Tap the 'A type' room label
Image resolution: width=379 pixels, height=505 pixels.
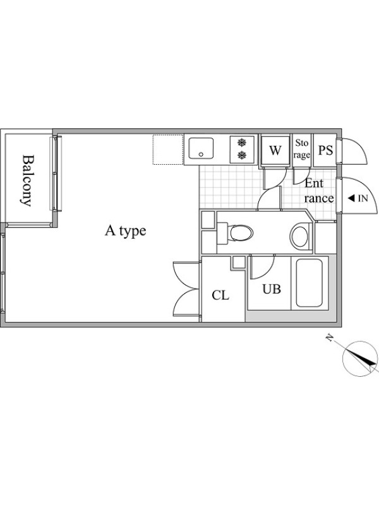125,231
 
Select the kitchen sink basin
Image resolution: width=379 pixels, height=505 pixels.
201,148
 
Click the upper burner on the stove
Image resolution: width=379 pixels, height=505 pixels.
242,142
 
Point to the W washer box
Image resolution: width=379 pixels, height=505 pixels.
275,150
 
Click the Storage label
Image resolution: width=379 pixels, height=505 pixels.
302,149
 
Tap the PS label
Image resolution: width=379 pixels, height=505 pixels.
325,150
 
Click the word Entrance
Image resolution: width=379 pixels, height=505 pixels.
319,191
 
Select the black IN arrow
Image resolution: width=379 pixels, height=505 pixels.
351,198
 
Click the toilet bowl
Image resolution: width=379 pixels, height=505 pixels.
240,232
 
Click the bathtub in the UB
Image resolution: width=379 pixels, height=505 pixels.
309,283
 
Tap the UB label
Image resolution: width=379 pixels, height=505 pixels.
272,289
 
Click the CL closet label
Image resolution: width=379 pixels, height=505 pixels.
220,295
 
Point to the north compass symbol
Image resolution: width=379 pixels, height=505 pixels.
359,358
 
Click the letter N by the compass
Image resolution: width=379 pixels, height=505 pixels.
329,338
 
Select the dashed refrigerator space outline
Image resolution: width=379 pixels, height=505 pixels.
168,150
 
